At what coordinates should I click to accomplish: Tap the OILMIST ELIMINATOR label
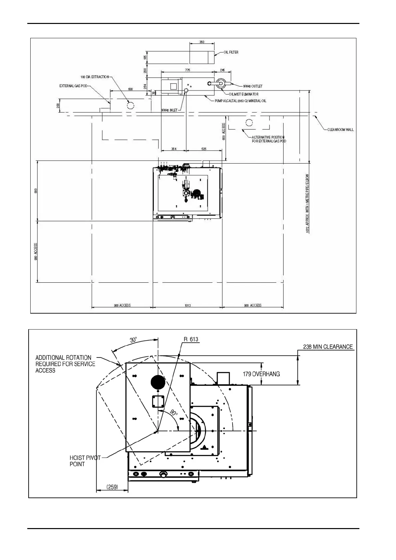[244, 94]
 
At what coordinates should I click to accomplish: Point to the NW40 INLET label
[169, 110]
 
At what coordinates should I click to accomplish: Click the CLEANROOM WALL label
[340, 130]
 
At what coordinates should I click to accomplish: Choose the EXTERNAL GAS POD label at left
[73, 86]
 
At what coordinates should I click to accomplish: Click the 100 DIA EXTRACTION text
[95, 77]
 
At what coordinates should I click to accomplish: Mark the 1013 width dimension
[188, 305]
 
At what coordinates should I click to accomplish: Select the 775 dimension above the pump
[188, 70]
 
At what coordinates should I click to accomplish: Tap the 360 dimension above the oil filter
[202, 42]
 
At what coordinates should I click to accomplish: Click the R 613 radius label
[191, 340]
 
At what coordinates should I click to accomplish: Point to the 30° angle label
[133, 340]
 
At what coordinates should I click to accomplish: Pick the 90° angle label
[174, 413]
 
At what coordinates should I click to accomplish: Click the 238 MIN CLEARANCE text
[328, 347]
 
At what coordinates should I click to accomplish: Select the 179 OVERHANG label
[261, 374]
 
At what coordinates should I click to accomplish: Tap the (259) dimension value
[112, 487]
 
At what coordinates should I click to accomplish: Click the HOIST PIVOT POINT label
[85, 461]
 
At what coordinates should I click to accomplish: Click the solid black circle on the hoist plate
[158, 383]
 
